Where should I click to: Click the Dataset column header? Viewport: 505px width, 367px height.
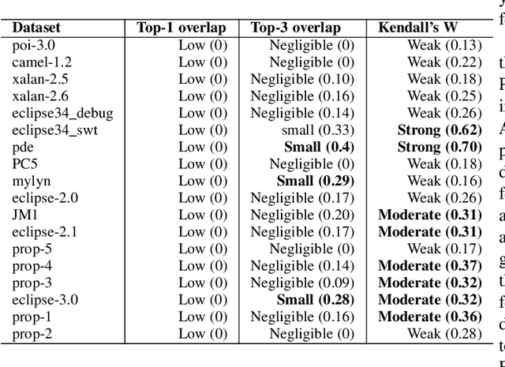tap(36, 28)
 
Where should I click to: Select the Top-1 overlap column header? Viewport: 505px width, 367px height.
tap(181, 28)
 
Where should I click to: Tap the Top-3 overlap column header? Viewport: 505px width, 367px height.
tap(296, 28)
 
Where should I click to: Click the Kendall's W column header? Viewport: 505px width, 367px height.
tap(418, 28)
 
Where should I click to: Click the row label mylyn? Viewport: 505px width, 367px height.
tap(31, 181)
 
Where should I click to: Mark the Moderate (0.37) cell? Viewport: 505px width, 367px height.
tap(429, 266)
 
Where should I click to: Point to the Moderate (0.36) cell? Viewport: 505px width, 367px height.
tap(429, 316)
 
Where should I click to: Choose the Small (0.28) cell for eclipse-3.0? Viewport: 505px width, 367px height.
tap(315, 300)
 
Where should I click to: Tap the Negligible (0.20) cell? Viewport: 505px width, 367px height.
tap(302, 215)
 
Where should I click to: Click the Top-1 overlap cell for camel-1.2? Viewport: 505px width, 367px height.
tap(202, 62)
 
